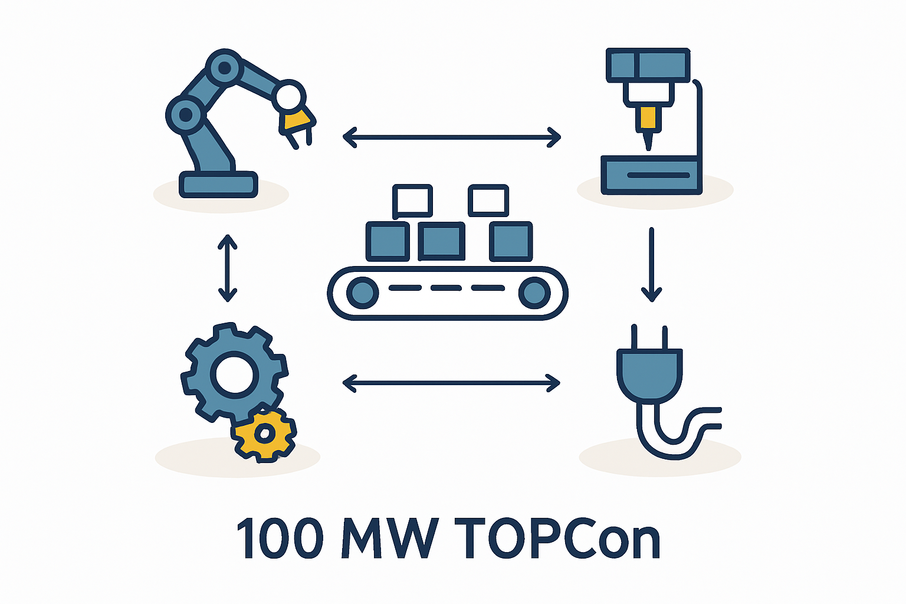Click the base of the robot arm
[x=218, y=185]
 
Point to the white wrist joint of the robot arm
[x=289, y=96]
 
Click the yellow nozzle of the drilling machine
[x=648, y=117]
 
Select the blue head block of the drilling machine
[x=648, y=65]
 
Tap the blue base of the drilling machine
[x=651, y=175]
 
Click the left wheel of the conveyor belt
[x=362, y=293]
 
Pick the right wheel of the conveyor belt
[x=534, y=293]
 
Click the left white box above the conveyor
[x=412, y=201]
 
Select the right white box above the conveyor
[x=488, y=201]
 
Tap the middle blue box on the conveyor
[x=441, y=241]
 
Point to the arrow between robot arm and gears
[x=227, y=268]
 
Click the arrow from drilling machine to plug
[x=651, y=265]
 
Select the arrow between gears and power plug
[x=451, y=383]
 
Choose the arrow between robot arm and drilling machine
[x=451, y=137]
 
